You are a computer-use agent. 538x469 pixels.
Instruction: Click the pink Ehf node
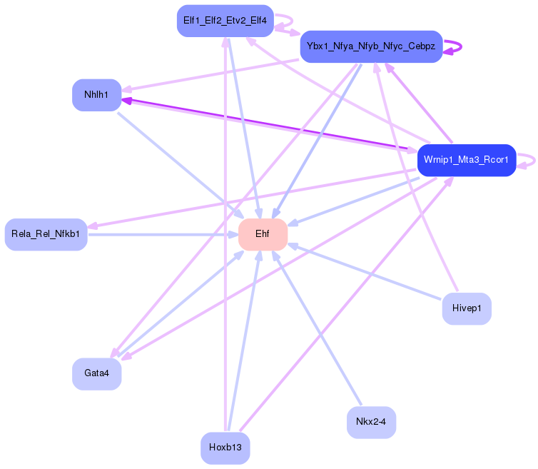(x=263, y=235)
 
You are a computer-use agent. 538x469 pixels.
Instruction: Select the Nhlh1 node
(x=97, y=95)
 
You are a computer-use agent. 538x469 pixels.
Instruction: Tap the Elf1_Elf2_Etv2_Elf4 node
(x=225, y=21)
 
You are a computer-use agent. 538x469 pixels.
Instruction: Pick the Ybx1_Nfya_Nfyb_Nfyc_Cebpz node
(x=371, y=46)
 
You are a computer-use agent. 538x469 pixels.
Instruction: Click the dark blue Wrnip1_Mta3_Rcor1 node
(x=466, y=159)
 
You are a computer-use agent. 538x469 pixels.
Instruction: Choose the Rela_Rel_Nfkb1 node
(x=46, y=234)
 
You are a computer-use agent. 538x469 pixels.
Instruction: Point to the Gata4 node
(x=96, y=373)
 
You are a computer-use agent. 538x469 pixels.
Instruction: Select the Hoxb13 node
(x=225, y=448)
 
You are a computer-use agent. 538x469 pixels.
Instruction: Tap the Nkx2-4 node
(x=371, y=423)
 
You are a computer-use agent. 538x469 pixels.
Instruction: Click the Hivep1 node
(x=467, y=308)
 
